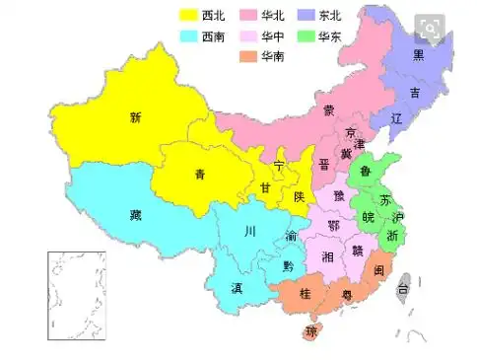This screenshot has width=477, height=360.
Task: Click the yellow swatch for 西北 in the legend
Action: [188, 16]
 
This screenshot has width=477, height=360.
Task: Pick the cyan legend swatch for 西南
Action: [188, 36]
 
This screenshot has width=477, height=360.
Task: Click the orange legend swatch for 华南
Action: [244, 57]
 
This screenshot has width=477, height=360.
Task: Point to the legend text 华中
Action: [273, 36]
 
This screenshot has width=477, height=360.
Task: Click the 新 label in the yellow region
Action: [136, 118]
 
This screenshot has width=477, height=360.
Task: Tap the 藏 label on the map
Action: [136, 214]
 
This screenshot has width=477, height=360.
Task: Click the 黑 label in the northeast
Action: [418, 55]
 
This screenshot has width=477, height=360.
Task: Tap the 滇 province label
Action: [238, 289]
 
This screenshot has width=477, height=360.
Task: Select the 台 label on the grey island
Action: [402, 290]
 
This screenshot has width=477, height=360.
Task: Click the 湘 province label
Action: [326, 256]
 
